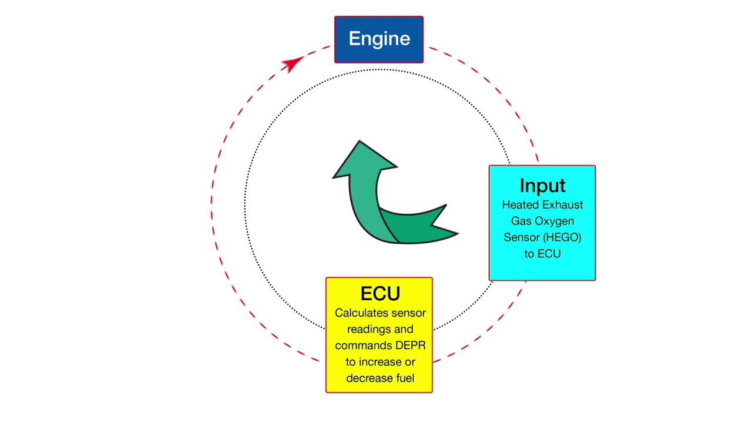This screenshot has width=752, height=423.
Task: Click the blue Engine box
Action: pos(379,39)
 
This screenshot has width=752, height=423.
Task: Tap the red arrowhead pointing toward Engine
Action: pos(292,63)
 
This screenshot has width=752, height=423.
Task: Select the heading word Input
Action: pos(542,186)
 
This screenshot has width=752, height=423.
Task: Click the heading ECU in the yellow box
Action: pos(380,294)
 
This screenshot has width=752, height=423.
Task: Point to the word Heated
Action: pos(520,205)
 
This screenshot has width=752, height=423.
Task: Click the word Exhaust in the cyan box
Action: pos(562,205)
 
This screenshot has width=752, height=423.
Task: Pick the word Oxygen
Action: pos(554,221)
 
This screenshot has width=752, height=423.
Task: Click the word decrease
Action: pos(368,378)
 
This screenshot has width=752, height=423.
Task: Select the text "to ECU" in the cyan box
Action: pos(542,254)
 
